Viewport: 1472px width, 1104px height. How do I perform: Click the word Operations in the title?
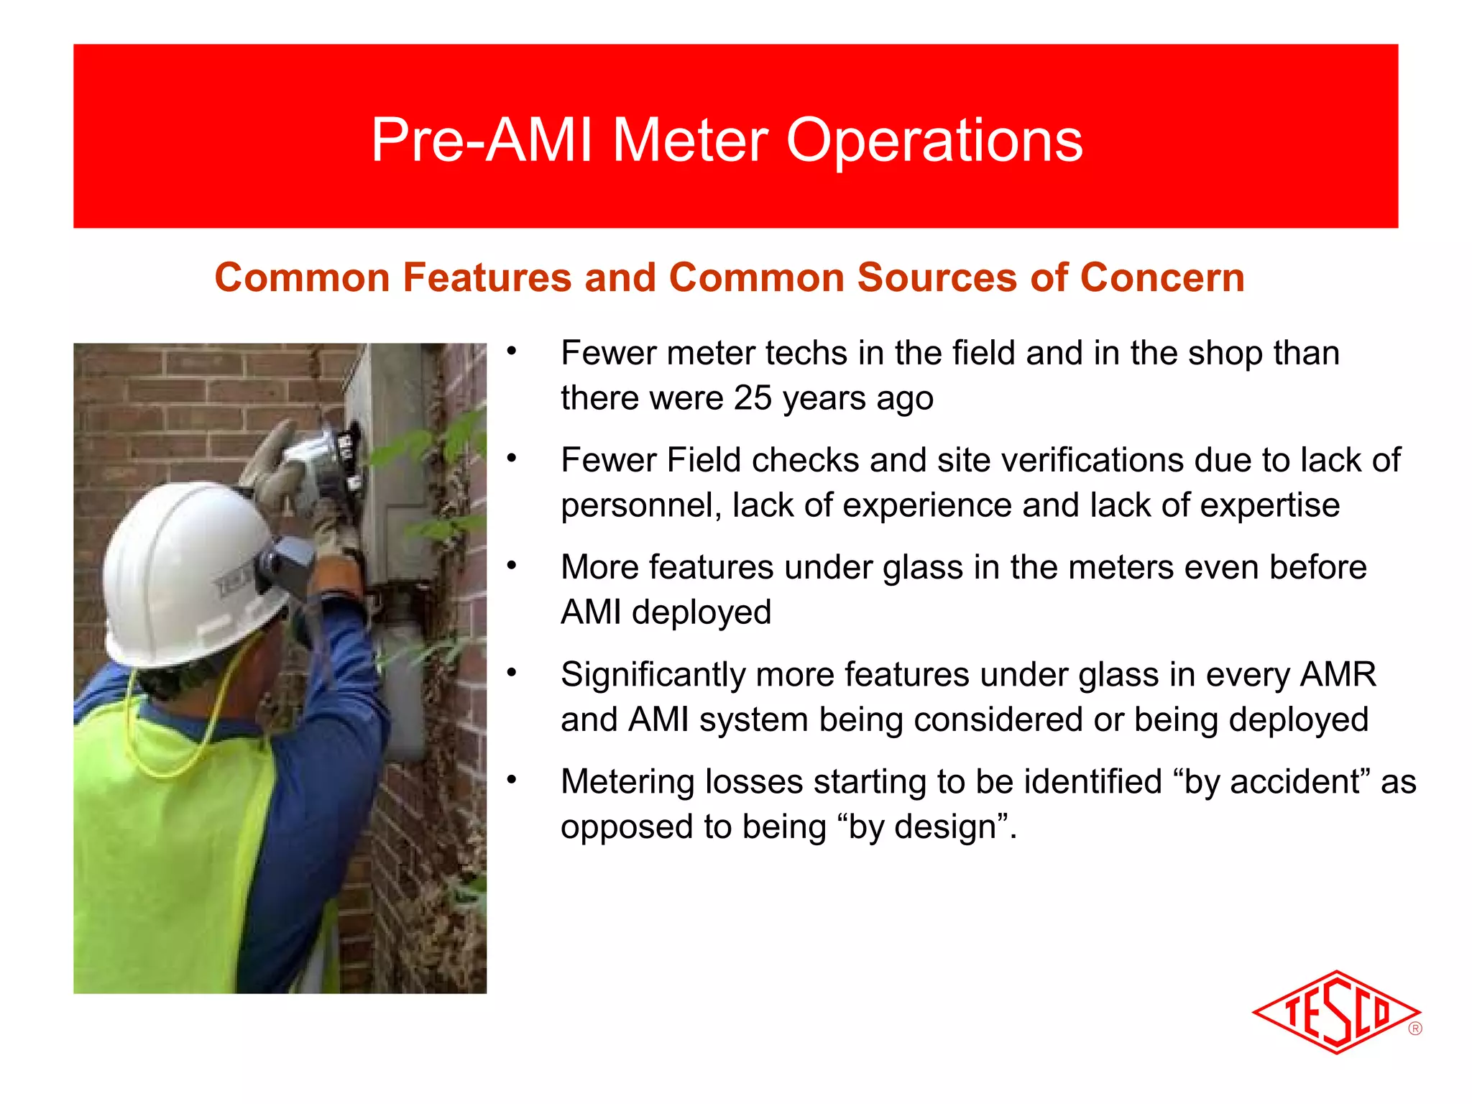[x=934, y=141]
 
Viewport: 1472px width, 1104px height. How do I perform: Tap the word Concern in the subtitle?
[x=1161, y=277]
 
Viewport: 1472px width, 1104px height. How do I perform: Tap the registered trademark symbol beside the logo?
[x=1415, y=1029]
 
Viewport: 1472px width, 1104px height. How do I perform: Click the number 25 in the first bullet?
[x=753, y=397]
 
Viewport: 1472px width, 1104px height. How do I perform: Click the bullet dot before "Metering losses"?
[x=511, y=780]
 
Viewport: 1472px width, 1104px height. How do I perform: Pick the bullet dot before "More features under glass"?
[x=511, y=566]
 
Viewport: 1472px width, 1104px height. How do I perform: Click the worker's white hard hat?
[x=187, y=568]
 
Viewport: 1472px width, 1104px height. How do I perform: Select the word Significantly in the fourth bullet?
[x=653, y=675]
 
